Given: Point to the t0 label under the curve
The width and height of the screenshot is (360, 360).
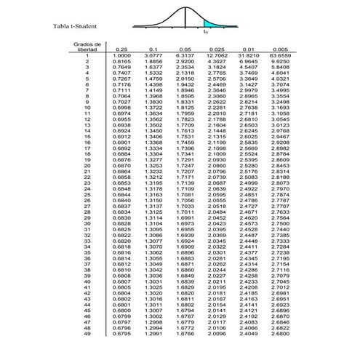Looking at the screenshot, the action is click(x=205, y=32).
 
